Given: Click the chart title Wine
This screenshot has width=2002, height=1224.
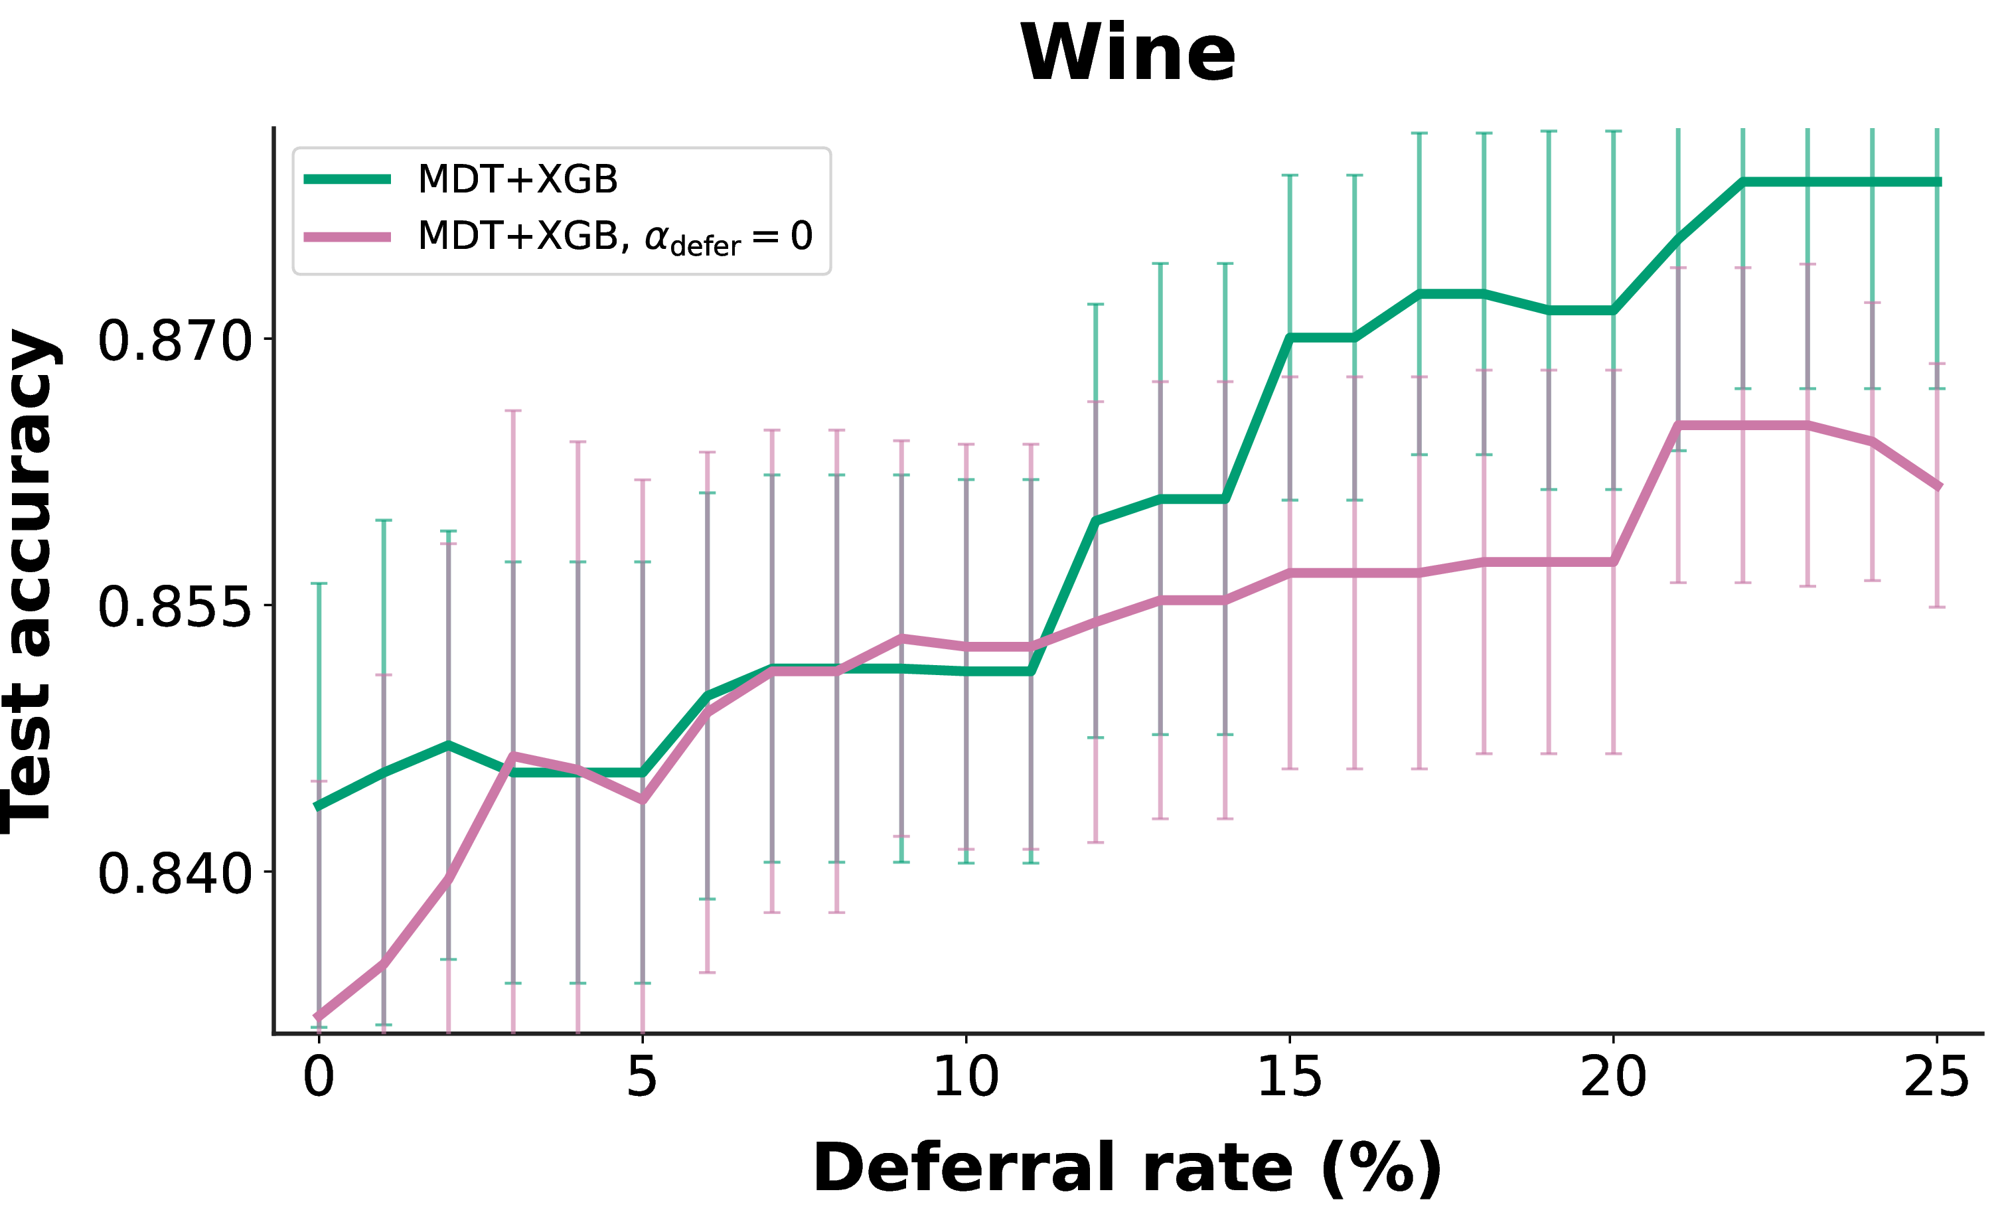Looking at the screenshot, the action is (x=1128, y=53).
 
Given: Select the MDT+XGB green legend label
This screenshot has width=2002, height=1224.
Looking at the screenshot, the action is (x=518, y=179).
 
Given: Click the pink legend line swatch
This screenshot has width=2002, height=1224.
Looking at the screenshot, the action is (x=347, y=237).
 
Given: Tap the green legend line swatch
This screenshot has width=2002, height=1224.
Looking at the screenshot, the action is (x=347, y=179).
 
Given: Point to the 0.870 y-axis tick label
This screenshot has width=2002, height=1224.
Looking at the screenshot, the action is (x=175, y=341).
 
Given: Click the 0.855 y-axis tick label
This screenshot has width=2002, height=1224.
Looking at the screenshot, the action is (x=175, y=607).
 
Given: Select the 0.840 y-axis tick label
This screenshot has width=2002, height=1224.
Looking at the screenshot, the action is (x=175, y=874).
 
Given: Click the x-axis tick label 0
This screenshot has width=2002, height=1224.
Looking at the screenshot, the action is (x=319, y=1078).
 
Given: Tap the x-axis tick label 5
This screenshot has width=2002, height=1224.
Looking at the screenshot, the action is (x=642, y=1078).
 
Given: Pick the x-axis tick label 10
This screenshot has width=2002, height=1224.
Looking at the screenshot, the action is (x=966, y=1078).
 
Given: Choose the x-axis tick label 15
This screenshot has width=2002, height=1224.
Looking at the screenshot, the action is (x=1290, y=1078).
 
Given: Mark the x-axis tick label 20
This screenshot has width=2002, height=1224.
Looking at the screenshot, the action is (x=1614, y=1078).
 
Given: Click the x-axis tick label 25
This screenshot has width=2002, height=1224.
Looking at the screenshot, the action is (x=1937, y=1078).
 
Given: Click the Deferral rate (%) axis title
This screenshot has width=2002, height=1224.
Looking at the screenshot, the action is (x=1128, y=1169).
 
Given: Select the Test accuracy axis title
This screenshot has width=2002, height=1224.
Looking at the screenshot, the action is (x=31, y=581).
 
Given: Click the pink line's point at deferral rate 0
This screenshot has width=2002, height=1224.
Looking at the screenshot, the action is (x=319, y=1017).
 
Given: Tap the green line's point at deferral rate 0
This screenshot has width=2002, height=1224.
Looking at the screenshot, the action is (x=319, y=806).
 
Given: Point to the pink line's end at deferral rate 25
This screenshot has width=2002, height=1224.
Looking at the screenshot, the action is (x=1938, y=487).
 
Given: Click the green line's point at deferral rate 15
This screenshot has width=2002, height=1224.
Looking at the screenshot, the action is (x=1290, y=337).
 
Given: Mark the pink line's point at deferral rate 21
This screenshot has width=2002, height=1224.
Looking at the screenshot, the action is (x=1679, y=425).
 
